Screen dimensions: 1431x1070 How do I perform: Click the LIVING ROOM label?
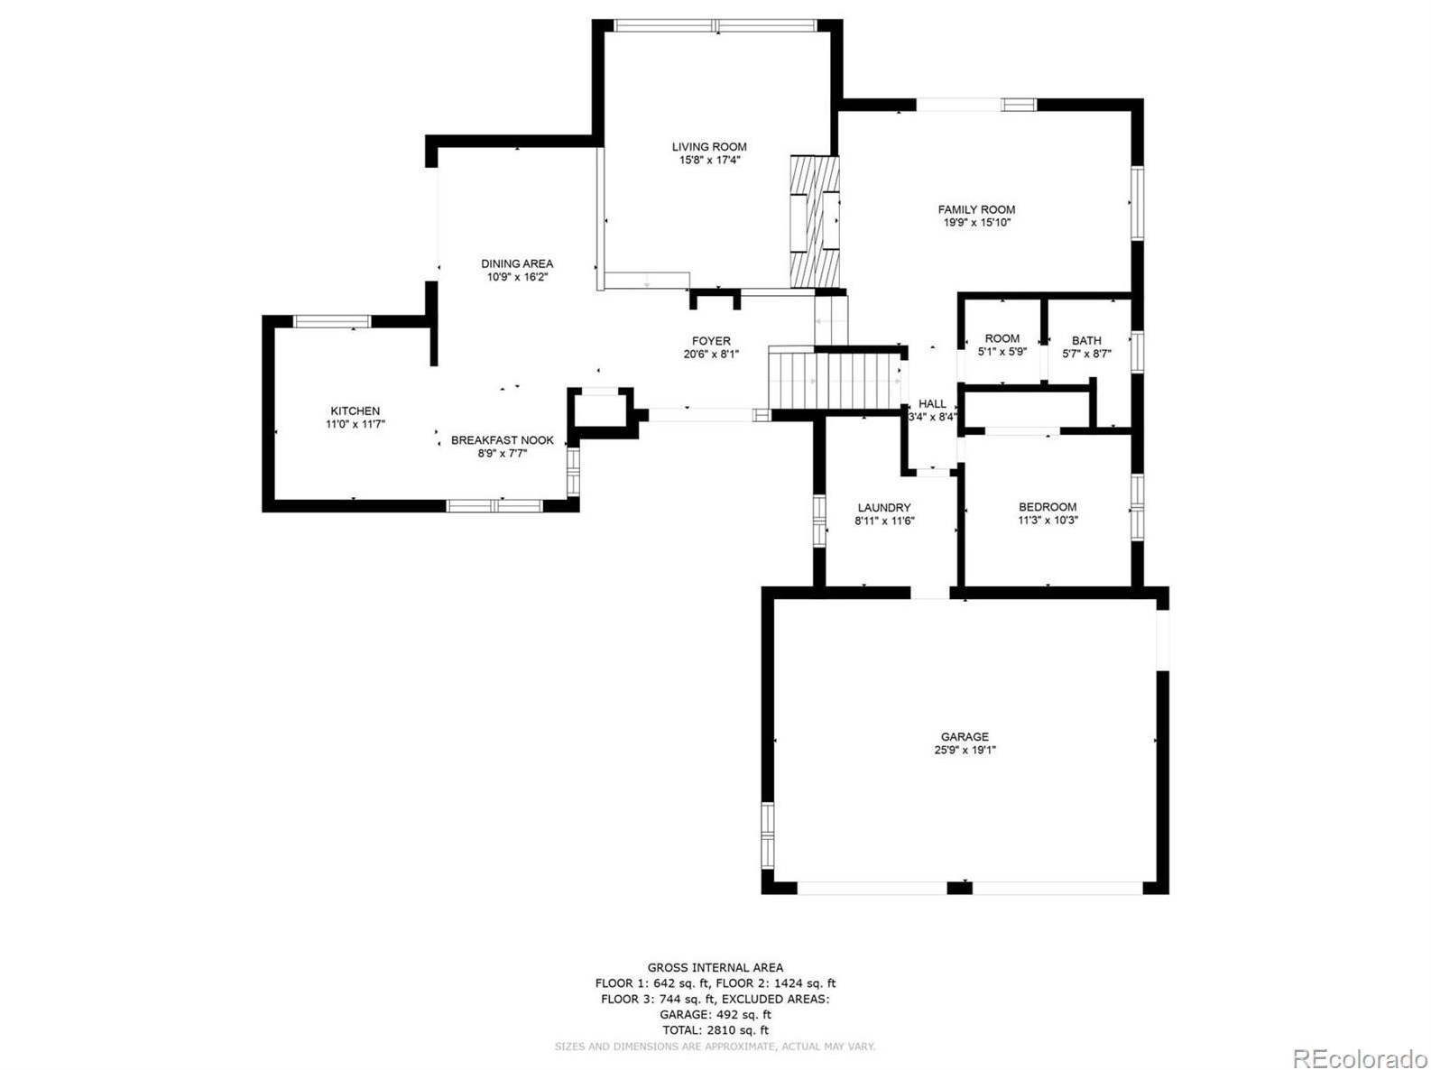point(708,147)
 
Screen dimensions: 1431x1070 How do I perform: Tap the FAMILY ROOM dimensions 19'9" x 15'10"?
point(976,223)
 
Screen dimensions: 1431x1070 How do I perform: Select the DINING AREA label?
point(516,264)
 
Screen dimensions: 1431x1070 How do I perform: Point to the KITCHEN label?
point(355,411)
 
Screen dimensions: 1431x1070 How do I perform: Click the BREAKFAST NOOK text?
point(502,440)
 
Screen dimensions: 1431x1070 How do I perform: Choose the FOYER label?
point(711,341)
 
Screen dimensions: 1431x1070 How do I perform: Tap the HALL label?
point(932,404)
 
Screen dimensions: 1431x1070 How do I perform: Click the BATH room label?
point(1086,341)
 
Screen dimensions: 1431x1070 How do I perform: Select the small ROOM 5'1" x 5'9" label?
point(1002,346)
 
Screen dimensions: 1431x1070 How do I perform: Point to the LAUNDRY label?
point(883,508)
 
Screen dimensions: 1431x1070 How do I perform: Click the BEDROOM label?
point(1047,507)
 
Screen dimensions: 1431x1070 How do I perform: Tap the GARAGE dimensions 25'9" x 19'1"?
point(965,750)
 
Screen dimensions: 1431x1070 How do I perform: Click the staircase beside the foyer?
point(836,379)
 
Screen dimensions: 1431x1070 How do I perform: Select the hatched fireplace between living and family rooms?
point(814,222)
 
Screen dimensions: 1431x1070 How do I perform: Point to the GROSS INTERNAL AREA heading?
point(715,968)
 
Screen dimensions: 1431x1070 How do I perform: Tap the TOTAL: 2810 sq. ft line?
point(715,1030)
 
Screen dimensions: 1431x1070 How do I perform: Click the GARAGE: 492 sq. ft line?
point(715,1015)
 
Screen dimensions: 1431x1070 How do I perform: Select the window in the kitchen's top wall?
point(332,321)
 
